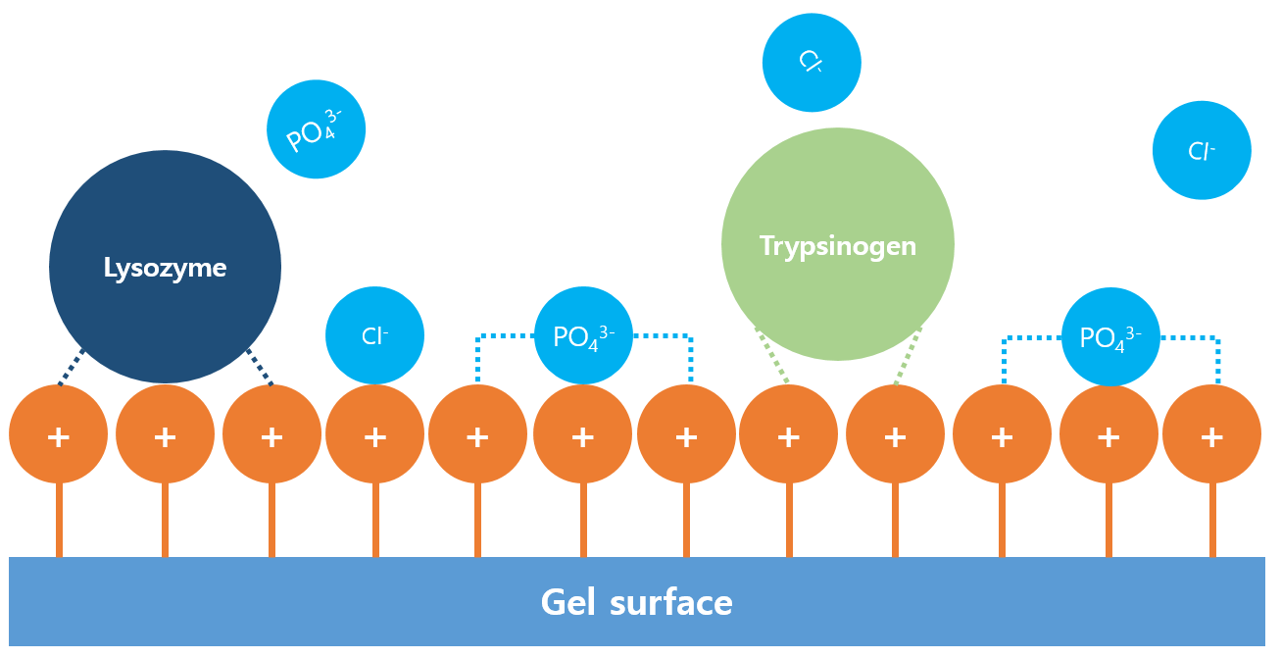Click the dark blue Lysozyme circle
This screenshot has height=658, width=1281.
[x=165, y=267]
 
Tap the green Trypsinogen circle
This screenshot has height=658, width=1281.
[x=837, y=244]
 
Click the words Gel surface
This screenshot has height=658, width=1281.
[x=636, y=602]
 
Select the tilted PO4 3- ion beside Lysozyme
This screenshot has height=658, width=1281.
[x=316, y=129]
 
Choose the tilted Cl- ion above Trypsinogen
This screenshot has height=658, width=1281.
[x=812, y=63]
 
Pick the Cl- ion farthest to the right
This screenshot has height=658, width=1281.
[x=1202, y=150]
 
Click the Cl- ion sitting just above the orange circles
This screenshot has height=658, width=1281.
[x=374, y=335]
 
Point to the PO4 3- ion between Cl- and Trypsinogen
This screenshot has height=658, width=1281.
[x=583, y=335]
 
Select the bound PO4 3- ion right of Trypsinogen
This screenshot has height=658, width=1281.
[x=1110, y=336]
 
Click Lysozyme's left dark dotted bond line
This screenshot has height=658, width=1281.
[x=71, y=369]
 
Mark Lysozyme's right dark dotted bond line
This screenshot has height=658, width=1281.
[x=260, y=368]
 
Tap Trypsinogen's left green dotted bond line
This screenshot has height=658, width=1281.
[x=772, y=355]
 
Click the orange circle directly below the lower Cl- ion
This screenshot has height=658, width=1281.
[x=374, y=434]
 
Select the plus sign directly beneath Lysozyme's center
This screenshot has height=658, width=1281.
[x=165, y=436]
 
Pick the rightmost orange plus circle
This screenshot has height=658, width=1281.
[x=1211, y=434]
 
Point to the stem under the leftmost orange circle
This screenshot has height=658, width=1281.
[x=59, y=520]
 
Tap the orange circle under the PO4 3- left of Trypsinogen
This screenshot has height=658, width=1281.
[x=583, y=434]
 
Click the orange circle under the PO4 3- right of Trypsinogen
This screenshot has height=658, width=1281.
[x=1109, y=434]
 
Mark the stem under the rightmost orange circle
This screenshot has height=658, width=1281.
[x=1212, y=520]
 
